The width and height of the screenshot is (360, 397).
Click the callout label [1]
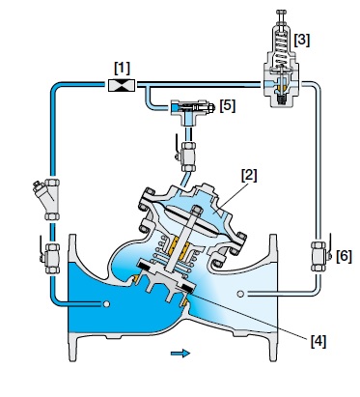coord(122,68)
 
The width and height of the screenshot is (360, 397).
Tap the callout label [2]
coord(249,176)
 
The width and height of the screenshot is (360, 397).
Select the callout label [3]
coord(302,40)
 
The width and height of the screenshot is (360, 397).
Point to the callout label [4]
coord(318,341)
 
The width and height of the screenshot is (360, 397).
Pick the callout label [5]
coord(228,105)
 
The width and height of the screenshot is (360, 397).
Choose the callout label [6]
coord(344,256)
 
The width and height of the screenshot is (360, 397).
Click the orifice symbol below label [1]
coord(122,85)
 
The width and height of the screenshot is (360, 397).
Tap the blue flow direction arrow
coord(180,354)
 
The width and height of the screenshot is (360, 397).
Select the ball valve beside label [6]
coord(320,256)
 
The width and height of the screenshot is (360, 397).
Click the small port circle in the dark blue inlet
coord(106,304)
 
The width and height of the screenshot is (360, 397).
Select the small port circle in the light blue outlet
coord(240,294)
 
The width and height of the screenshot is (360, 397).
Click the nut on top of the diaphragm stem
coord(196,211)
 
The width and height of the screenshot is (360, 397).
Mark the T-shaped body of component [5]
coord(188,111)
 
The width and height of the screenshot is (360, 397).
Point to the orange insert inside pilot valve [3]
coord(282,86)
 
